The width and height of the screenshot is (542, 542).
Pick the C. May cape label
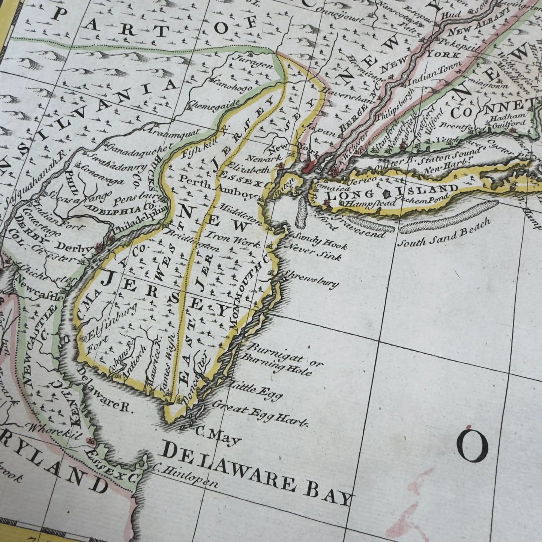coord(218,436)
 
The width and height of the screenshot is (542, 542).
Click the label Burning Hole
coord(276,365)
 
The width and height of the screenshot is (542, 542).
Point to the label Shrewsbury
coord(311,279)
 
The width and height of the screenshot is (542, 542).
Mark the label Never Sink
coord(314,253)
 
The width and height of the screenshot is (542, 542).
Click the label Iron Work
coord(233,240)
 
